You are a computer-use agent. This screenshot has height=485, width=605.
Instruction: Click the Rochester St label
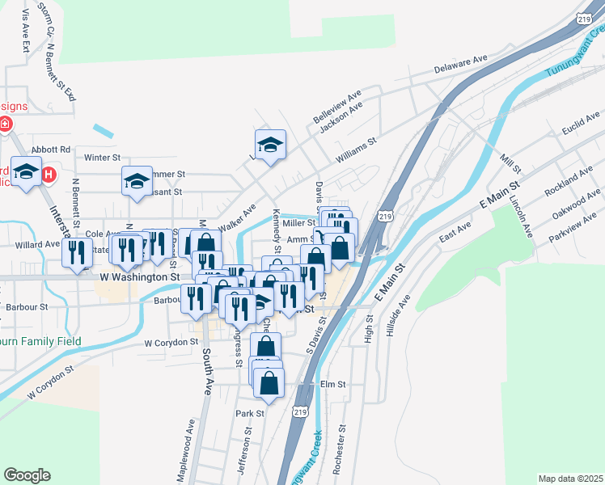pos(345,449)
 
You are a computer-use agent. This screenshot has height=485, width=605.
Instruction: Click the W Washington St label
pos(139,276)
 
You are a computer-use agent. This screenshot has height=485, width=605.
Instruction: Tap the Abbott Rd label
pos(51,150)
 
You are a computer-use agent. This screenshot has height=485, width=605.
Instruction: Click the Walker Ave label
pos(238,218)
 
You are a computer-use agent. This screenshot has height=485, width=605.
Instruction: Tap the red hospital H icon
pos(49,174)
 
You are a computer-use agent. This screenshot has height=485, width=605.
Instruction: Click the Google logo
pos(27,475)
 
